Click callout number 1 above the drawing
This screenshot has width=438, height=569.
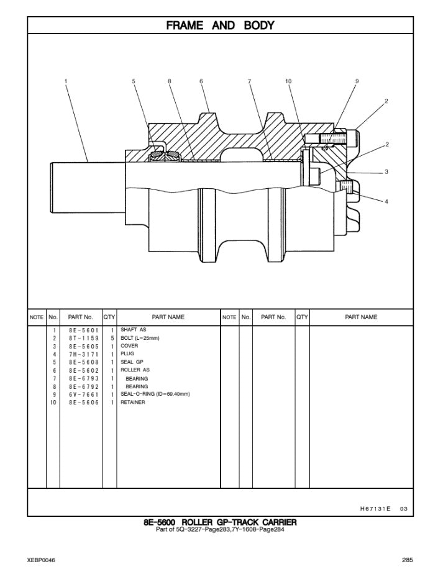coord(66,81)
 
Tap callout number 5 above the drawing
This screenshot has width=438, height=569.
coord(134,81)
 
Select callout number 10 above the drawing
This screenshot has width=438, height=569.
coord(288,81)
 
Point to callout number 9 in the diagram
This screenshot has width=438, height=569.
coord(357,81)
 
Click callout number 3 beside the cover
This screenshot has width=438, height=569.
coord(386,172)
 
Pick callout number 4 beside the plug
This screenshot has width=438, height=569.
coord(386,201)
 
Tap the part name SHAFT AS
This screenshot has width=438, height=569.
coord(134,330)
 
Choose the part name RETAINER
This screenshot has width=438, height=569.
coord(133,403)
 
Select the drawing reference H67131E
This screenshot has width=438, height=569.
coord(375,509)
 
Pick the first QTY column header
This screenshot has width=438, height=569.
coord(109,317)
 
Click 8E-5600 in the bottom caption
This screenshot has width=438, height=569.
coord(160,522)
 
